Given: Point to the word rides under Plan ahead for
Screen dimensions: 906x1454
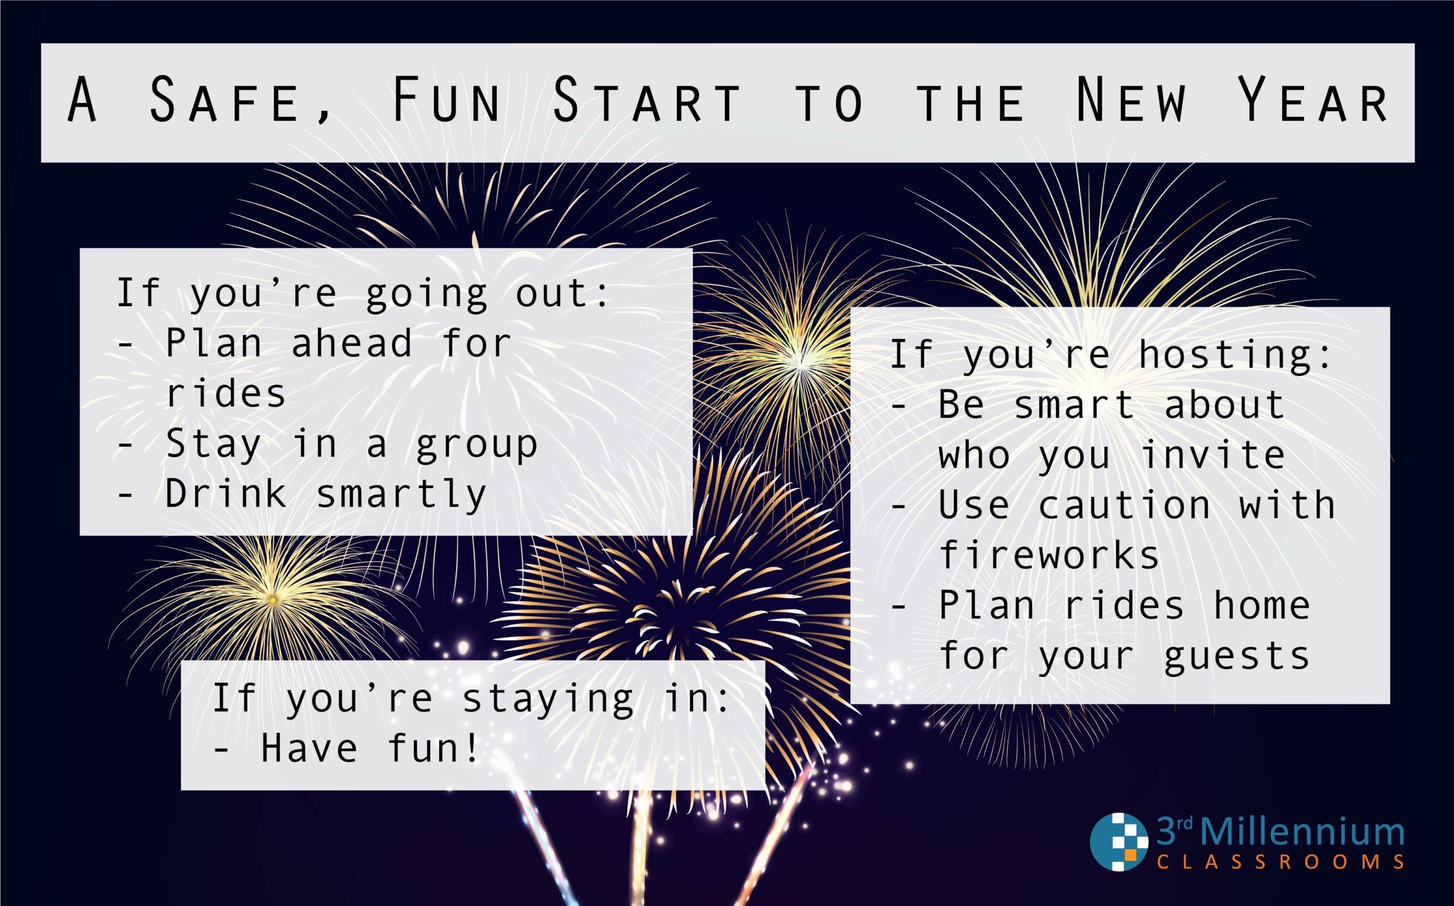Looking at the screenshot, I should coord(225,394).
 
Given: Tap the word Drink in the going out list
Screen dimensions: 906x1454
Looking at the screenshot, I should coord(225,494).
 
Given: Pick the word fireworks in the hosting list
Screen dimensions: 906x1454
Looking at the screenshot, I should coord(1049,556).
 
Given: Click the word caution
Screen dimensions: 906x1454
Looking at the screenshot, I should coord(1124,505).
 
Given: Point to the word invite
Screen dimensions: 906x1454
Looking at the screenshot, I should coord(1213,455).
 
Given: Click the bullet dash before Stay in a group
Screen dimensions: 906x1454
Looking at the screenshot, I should coord(124,445).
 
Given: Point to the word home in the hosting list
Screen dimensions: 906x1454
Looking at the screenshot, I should coord(1261,606).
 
